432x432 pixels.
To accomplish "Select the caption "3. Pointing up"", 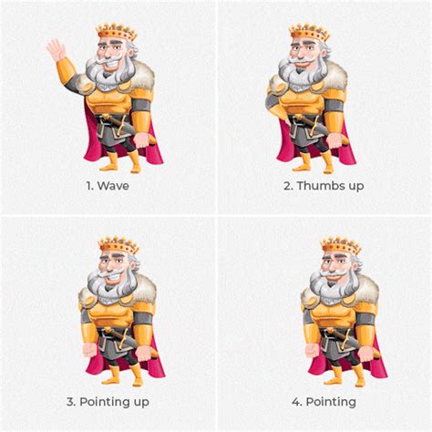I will coord(108,401).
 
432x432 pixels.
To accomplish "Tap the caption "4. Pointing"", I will coord(324,401).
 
